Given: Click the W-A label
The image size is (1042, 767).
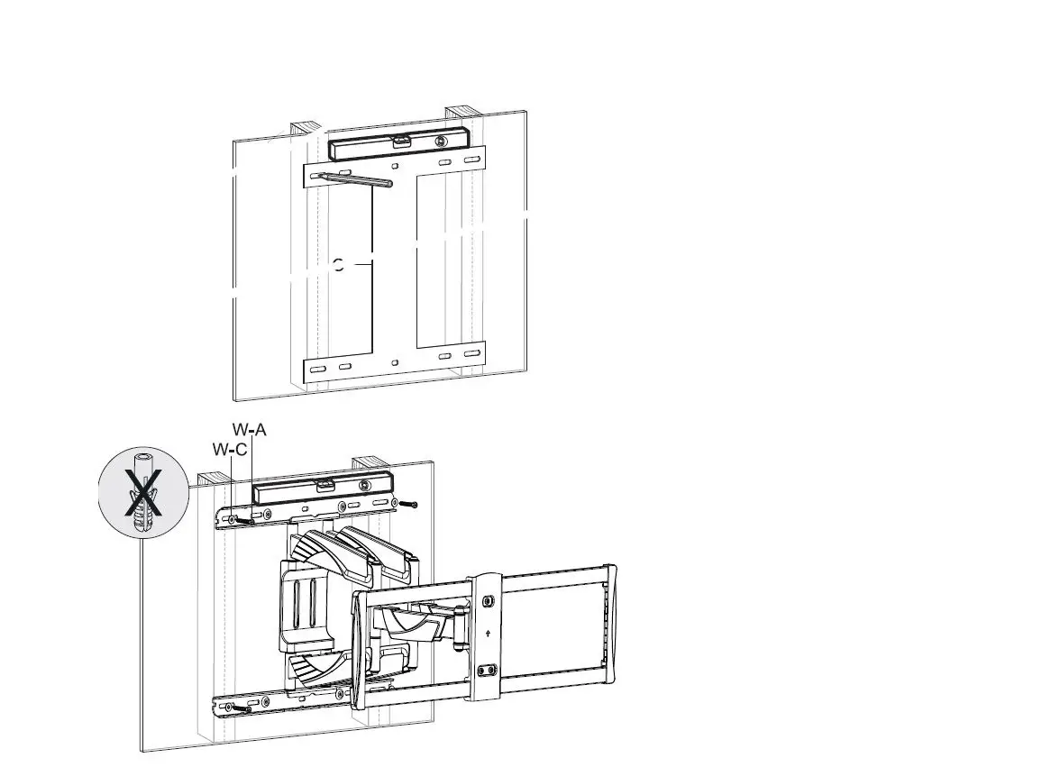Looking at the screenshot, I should coord(250,430).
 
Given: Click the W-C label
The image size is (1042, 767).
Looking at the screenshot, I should coord(230,449).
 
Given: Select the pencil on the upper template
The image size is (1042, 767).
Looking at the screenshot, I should coord(357,179).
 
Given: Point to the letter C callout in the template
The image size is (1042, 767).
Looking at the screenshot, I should coord(338,265).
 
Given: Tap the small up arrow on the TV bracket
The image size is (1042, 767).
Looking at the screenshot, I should coord(488,633).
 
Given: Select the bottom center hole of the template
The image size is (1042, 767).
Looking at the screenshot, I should coord(395,362).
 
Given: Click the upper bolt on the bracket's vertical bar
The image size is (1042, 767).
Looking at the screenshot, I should coord(488,601).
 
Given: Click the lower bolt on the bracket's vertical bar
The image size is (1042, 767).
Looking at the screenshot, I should coord(488,671).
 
